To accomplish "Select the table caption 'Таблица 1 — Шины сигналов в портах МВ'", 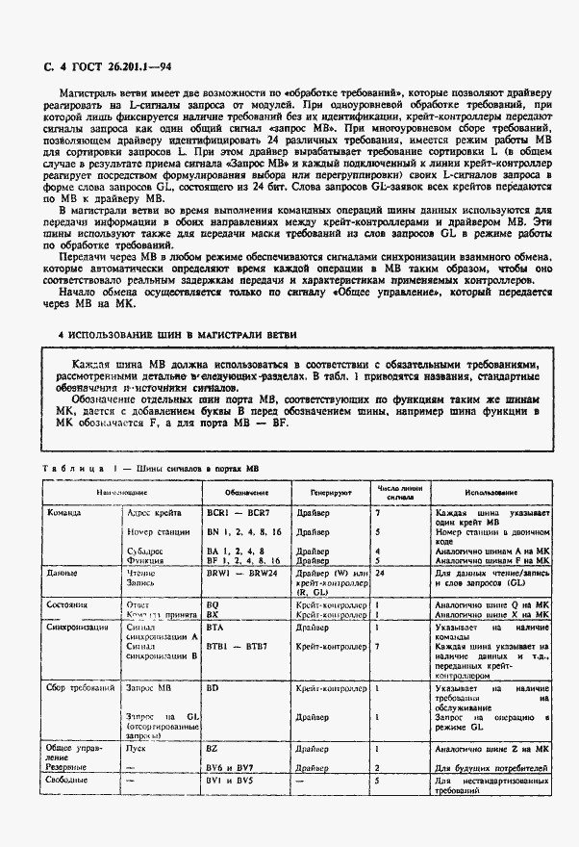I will (152, 468).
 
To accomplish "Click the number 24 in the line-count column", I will (381, 573).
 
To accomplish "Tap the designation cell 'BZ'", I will (214, 746).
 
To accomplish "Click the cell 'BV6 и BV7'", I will (233, 768).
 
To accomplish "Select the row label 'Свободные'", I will (70, 781).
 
